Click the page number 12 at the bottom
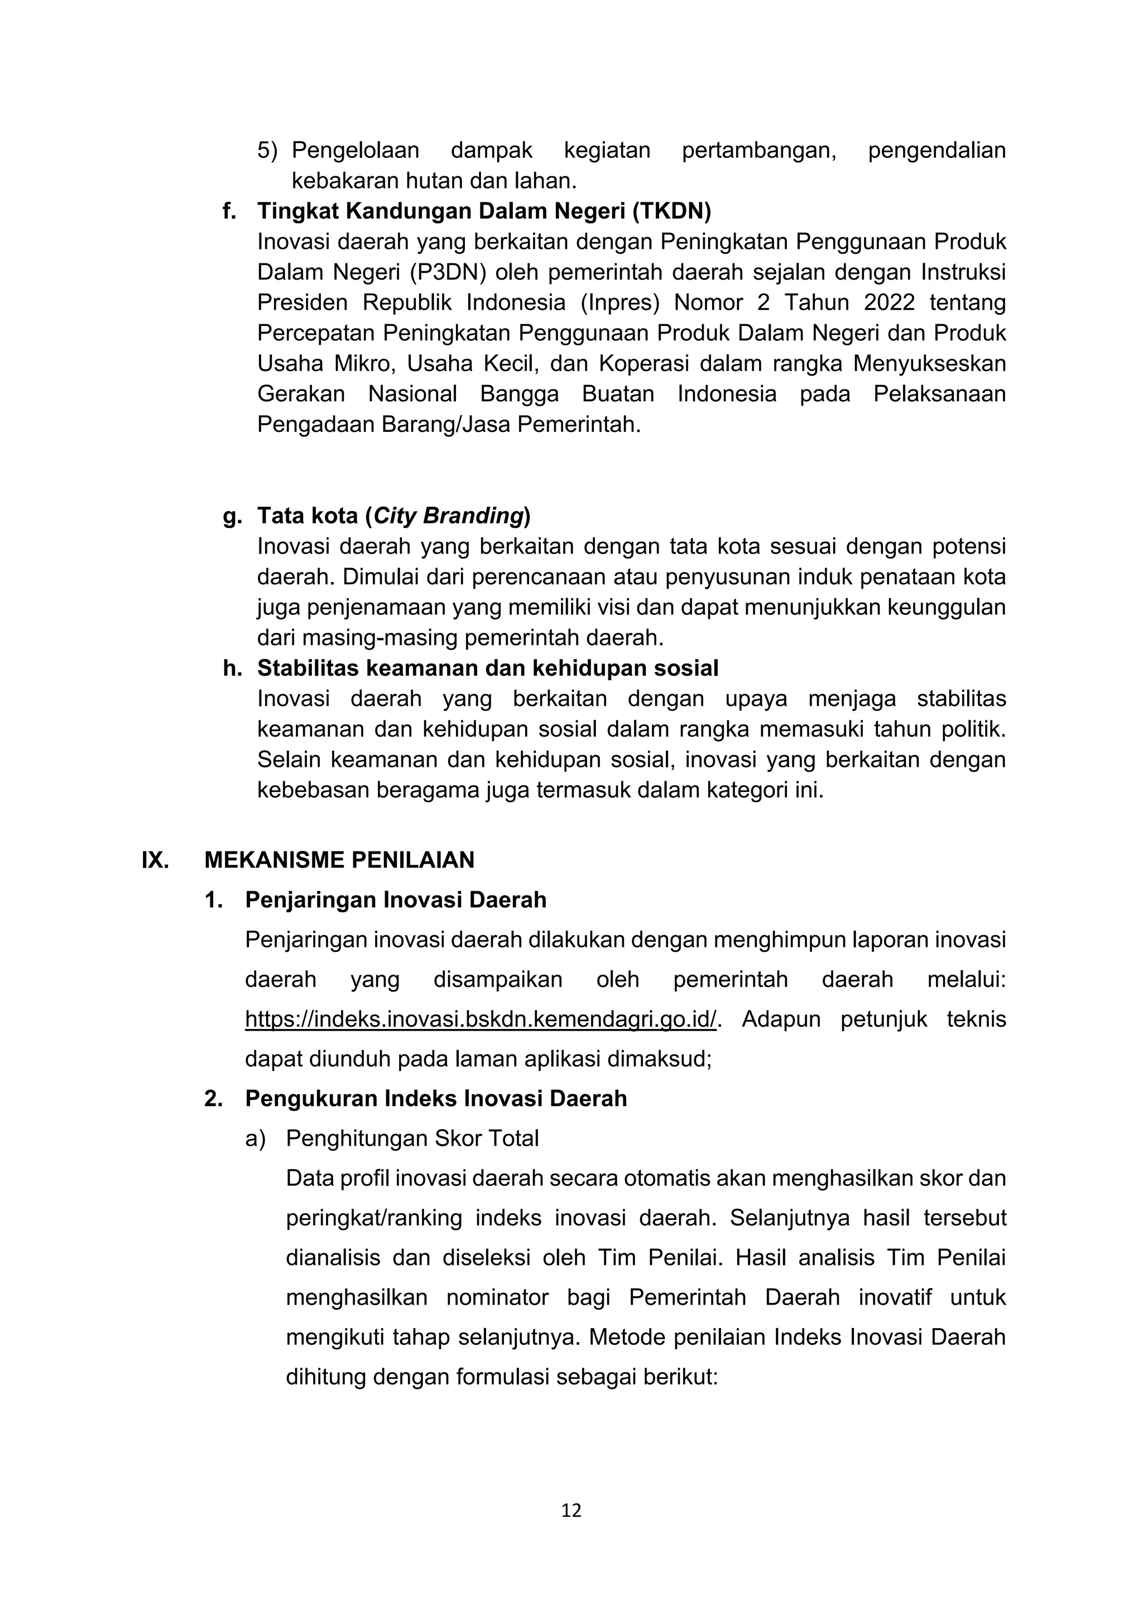point(571,1510)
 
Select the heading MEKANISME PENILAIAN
point(339,859)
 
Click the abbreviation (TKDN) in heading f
point(671,210)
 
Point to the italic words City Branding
point(448,516)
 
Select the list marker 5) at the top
point(267,150)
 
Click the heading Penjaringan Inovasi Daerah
point(396,900)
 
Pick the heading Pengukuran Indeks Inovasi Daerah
point(436,1099)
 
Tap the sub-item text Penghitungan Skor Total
point(412,1138)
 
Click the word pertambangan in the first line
point(758,150)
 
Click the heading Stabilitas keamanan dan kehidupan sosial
point(488,668)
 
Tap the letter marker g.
point(232,516)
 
